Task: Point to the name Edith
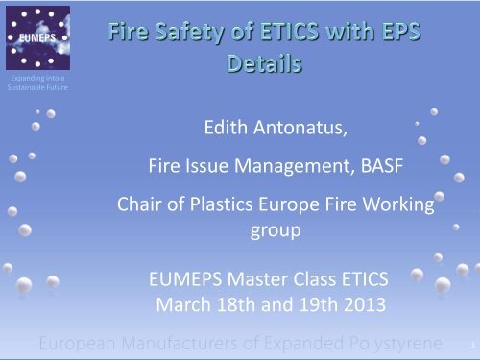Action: point(232,127)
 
